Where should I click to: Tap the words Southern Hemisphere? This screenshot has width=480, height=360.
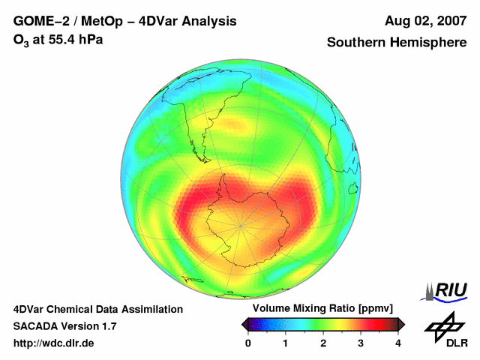pos(397,43)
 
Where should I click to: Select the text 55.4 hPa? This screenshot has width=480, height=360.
pos(73,39)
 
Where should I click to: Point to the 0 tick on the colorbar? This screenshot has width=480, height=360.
pos(248,343)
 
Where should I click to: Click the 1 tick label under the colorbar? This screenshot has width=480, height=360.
pos(286,343)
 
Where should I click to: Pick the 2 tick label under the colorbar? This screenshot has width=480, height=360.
pos(323,343)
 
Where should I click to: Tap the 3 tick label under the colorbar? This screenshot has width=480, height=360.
pos(361,343)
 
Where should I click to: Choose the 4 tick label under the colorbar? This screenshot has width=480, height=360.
pos(398,343)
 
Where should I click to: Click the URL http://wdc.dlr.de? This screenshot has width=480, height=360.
pos(54,343)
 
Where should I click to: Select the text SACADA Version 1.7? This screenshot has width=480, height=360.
pos(64,326)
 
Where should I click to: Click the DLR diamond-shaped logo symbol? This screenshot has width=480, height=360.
pos(443,325)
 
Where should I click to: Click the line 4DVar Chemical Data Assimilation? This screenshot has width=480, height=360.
pos(97,309)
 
